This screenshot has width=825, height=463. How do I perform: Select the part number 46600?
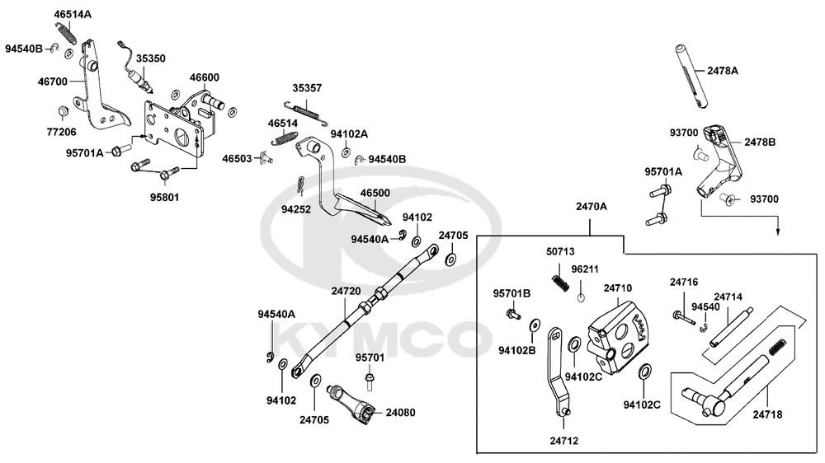[204, 77]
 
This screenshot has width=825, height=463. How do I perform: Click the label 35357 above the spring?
[307, 87]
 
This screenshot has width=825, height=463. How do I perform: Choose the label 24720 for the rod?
[346, 291]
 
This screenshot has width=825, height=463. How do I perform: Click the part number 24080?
[400, 410]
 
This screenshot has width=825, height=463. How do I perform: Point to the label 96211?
[585, 269]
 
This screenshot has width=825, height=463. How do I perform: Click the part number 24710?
[618, 288]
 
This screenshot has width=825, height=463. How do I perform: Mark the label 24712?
[563, 441]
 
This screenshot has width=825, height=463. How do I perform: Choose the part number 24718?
[766, 414]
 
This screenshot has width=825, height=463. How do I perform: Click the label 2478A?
[724, 71]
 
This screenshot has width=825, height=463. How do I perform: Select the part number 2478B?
[760, 142]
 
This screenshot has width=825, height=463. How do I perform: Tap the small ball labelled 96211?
[581, 297]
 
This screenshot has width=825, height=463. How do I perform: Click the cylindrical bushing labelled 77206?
[62, 112]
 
